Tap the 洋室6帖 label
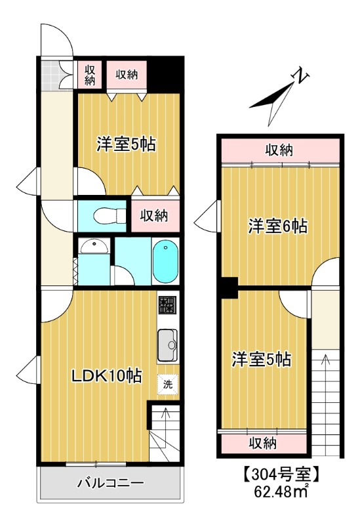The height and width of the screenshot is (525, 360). (277, 226)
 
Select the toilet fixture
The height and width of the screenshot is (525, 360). (104, 215)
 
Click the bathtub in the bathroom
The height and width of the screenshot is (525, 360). (165, 262)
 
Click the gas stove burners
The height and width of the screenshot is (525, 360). (167, 305)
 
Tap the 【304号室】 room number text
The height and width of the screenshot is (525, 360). (281, 473)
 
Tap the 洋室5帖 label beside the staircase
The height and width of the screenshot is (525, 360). (261, 359)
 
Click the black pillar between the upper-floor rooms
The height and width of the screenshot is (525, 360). (228, 287)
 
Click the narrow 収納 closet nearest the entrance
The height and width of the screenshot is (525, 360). (89, 74)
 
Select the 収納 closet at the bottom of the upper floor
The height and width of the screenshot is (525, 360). (262, 443)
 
